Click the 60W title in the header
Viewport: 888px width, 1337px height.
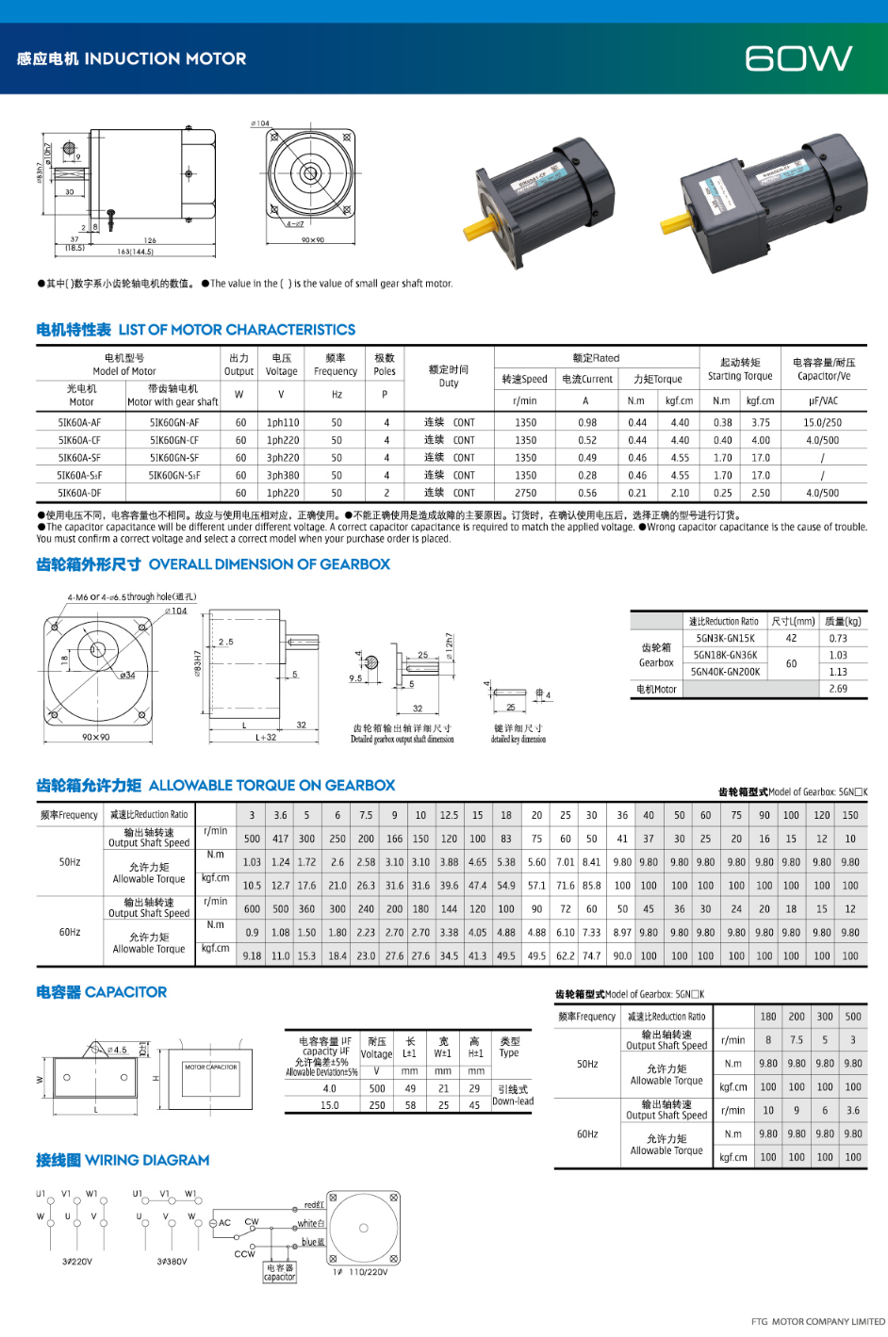pyautogui.click(x=798, y=58)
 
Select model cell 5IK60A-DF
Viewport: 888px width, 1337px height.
pyautogui.click(x=79, y=493)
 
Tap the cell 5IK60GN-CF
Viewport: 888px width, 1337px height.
pyautogui.click(x=174, y=440)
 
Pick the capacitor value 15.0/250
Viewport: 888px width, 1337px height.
pyautogui.click(x=822, y=423)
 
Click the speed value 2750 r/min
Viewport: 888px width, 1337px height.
pyautogui.click(x=525, y=493)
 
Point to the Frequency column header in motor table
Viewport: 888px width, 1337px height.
pyautogui.click(x=336, y=365)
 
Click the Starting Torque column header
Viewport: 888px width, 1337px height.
pyautogui.click(x=740, y=368)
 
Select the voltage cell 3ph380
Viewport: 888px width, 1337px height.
pyautogui.click(x=282, y=476)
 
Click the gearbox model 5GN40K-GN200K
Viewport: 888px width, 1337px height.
pyautogui.click(x=725, y=672)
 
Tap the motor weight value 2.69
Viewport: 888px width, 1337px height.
pyautogui.click(x=837, y=689)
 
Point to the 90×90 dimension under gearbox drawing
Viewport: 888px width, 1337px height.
pyautogui.click(x=95, y=737)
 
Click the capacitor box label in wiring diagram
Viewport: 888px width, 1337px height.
pyautogui.click(x=280, y=1272)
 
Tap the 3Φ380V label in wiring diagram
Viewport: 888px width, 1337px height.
pyautogui.click(x=172, y=1261)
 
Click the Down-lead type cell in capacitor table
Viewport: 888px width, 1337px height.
pyautogui.click(x=512, y=1101)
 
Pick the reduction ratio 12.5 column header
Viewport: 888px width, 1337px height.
pyautogui.click(x=449, y=815)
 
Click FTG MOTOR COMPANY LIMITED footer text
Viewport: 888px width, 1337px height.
pyautogui.click(x=817, y=1321)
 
